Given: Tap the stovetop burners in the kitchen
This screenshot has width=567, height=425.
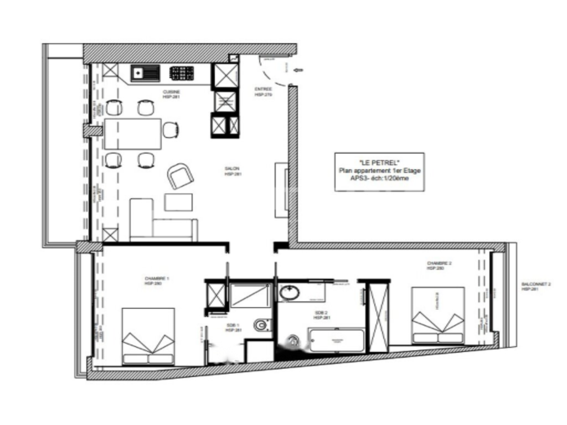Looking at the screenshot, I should (x=181, y=73).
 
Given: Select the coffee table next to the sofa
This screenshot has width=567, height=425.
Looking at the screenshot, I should (x=178, y=202).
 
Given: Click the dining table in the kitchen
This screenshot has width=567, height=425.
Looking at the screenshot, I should (x=132, y=133).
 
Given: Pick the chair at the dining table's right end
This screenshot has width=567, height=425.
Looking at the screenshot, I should (x=171, y=130).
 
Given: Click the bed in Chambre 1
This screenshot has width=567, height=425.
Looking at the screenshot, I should (x=148, y=336).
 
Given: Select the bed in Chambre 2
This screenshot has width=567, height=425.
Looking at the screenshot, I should (x=437, y=315).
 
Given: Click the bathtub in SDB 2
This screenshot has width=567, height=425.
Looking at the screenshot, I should (x=336, y=340).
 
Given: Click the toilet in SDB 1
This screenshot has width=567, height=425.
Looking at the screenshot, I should (x=262, y=324).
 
